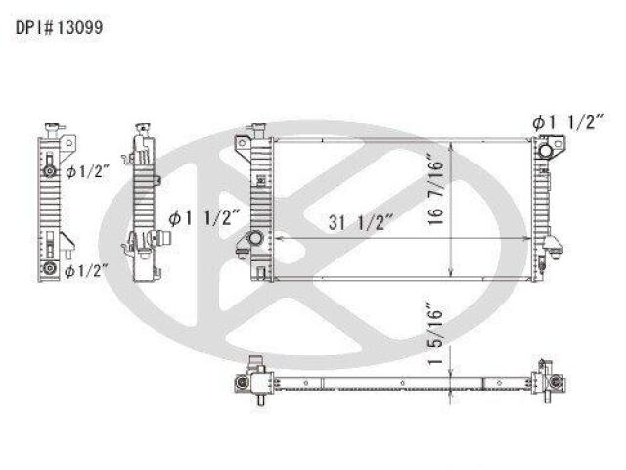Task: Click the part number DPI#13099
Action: [x=59, y=27]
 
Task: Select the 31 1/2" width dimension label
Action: [x=361, y=222]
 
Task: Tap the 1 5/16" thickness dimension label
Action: [x=436, y=335]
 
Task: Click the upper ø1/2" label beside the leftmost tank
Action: [x=87, y=172]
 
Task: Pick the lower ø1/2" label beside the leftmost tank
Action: [x=86, y=271]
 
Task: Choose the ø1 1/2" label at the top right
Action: [x=568, y=122]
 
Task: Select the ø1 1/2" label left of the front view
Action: [x=204, y=218]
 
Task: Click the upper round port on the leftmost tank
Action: [x=50, y=171]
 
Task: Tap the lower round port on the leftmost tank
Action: [x=49, y=268]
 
